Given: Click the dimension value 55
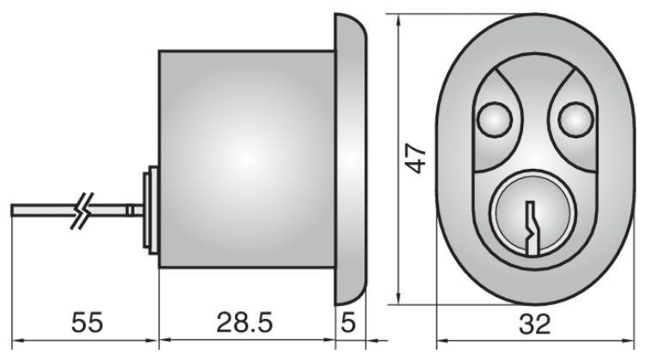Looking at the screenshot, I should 86,324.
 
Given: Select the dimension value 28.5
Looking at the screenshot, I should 245,324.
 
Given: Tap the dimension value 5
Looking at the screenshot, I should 349,324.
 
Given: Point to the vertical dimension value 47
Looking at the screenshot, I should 418,159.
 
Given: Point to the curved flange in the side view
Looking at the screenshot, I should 351,159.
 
